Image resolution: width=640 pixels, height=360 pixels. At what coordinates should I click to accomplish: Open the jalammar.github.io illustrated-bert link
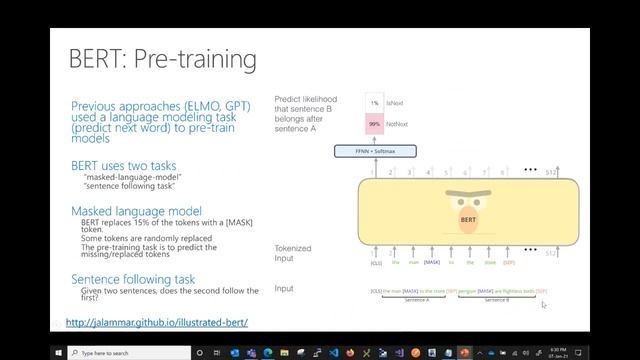click(x=156, y=323)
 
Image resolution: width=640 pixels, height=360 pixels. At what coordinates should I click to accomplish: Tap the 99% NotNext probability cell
click(x=374, y=124)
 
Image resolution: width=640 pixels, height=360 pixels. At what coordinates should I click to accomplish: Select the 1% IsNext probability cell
click(x=374, y=103)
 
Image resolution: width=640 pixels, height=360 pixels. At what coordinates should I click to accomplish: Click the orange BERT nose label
click(x=468, y=218)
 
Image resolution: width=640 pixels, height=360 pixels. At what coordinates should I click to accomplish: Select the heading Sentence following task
click(x=133, y=279)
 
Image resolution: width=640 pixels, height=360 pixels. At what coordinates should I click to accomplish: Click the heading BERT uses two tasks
click(x=124, y=164)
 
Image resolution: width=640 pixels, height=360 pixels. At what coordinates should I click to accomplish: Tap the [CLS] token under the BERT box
click(x=376, y=263)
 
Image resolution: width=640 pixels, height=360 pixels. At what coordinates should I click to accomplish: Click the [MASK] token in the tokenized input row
click(x=431, y=263)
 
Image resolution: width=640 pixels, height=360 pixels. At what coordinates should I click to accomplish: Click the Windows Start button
click(x=58, y=352)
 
